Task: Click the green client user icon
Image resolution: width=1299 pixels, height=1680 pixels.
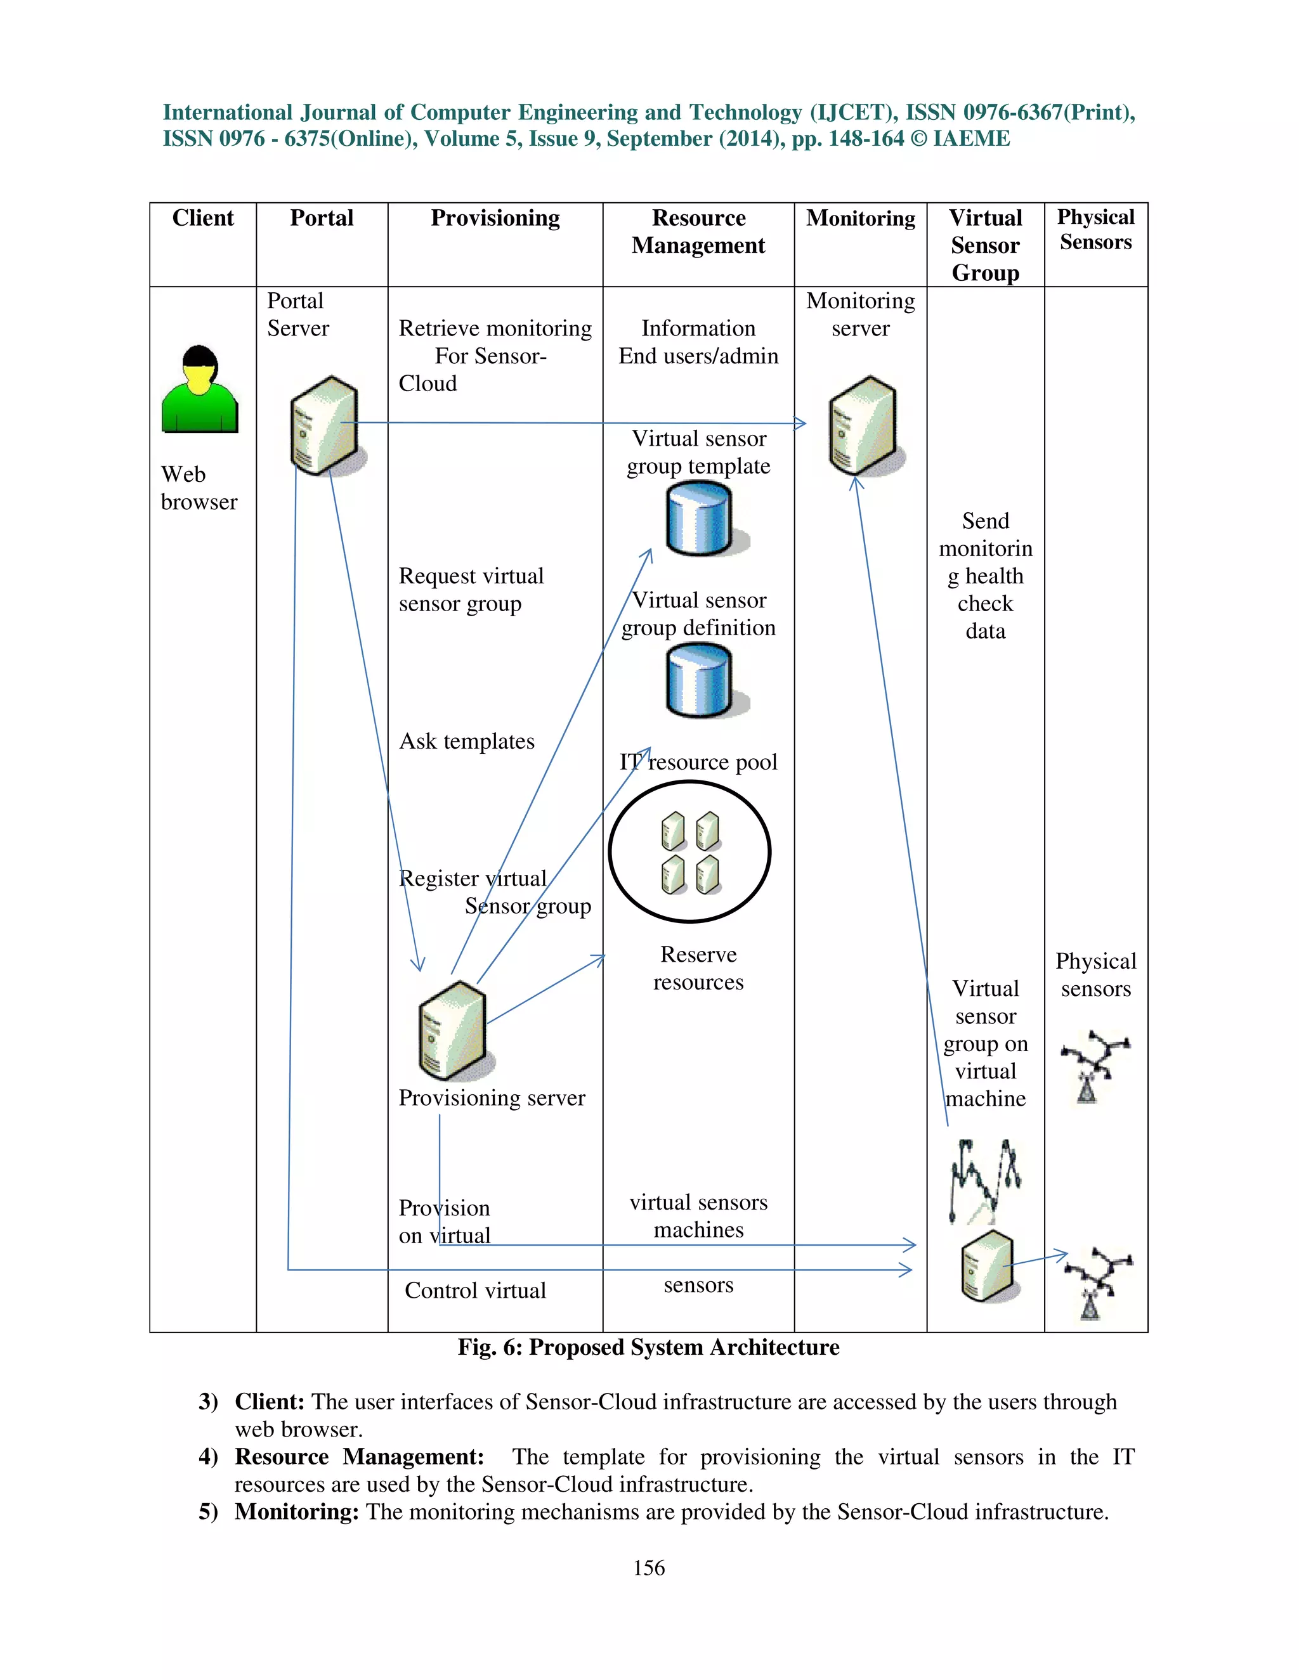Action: (x=199, y=390)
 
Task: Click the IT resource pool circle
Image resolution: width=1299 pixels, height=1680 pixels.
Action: (x=690, y=851)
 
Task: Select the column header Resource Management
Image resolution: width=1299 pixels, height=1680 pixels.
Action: (x=698, y=231)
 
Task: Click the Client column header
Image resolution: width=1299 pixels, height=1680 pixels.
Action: (x=202, y=219)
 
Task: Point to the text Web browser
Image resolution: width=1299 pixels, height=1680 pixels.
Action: (x=199, y=488)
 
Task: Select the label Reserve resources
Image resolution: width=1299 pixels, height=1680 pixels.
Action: (x=698, y=969)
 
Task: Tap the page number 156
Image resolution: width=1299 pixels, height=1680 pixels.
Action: (x=649, y=1568)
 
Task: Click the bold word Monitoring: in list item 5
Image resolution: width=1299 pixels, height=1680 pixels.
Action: (x=296, y=1511)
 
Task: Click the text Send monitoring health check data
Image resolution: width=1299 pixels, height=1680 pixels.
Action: (x=985, y=576)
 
